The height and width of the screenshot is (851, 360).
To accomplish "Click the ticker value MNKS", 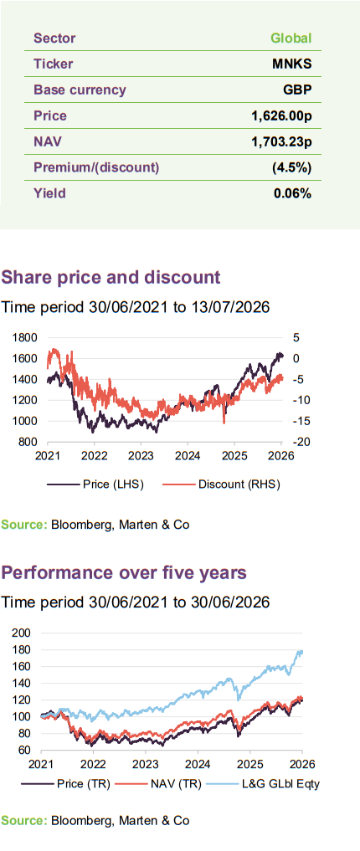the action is (x=291, y=64).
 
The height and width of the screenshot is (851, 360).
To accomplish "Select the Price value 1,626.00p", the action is (x=281, y=115).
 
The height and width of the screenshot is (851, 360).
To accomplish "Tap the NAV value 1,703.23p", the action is (x=281, y=141).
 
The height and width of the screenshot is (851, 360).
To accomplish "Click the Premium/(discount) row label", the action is (x=96, y=167).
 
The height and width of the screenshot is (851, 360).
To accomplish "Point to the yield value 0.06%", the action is (x=293, y=193).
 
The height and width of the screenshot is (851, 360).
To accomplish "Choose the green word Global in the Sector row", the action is (x=291, y=38).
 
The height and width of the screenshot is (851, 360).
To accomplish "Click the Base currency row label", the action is (x=80, y=90).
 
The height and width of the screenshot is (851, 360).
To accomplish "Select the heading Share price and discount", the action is (x=111, y=277).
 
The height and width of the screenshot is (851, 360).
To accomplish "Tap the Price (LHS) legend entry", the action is (x=95, y=484).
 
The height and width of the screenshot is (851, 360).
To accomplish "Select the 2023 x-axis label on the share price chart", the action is (x=141, y=455).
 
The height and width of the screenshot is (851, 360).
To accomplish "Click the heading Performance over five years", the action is (x=124, y=572).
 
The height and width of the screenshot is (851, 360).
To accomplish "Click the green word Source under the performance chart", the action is (x=24, y=820).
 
